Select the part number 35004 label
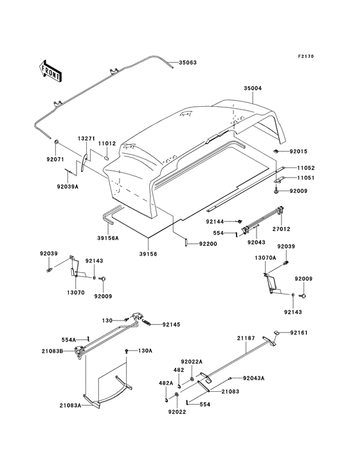(x=253, y=88)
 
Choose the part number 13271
(x=87, y=138)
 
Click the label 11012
(x=107, y=144)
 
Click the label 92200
(x=208, y=244)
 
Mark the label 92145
(x=172, y=325)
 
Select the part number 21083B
(x=54, y=351)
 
